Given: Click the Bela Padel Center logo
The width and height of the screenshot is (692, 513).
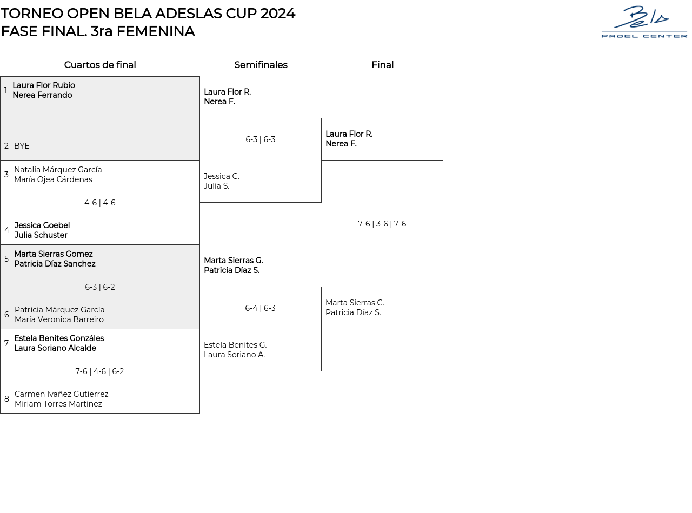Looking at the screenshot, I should (644, 22).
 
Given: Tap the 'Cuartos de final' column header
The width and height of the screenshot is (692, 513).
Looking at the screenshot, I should (100, 65).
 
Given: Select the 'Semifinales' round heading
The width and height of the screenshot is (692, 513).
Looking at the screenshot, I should (261, 65).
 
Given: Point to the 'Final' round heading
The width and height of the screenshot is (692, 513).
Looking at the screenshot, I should (382, 65).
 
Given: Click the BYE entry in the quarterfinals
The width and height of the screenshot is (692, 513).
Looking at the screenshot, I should (22, 146).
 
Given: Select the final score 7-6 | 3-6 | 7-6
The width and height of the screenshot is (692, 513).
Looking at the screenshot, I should (382, 224).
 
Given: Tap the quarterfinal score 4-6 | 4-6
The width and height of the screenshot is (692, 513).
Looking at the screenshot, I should (100, 203).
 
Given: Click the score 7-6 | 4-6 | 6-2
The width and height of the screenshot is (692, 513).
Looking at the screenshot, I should (100, 371).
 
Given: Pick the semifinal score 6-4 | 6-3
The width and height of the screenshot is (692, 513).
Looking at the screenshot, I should (260, 308).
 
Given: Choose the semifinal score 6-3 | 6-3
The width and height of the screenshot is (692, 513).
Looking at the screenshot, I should (260, 139).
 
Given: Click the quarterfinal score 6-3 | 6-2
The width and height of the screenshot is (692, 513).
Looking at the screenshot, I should (100, 287).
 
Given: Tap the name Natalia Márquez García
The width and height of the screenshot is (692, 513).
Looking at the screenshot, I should (58, 170).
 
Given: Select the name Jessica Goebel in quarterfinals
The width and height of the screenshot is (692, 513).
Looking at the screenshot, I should (42, 225).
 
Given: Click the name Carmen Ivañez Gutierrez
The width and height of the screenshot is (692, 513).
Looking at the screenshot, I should (61, 394).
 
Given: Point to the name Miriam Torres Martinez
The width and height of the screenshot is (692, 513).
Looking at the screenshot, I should (58, 404).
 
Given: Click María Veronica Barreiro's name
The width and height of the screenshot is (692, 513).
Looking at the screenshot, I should (59, 319).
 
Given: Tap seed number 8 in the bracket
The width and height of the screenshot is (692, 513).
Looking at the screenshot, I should (6, 399).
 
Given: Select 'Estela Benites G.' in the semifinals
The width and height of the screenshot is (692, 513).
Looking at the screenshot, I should (235, 345).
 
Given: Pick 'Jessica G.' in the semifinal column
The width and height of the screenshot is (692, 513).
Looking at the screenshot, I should (222, 176).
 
